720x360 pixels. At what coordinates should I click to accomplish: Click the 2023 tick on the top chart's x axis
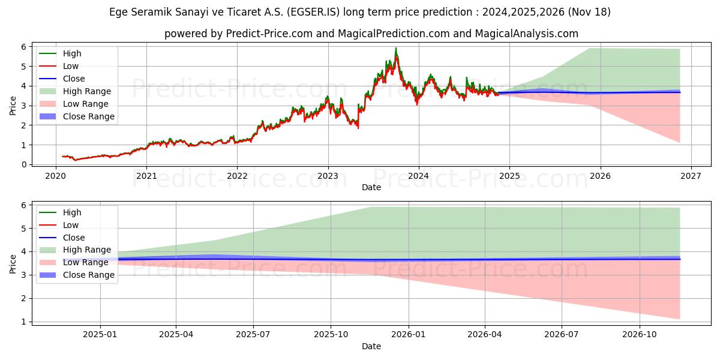click(328, 176)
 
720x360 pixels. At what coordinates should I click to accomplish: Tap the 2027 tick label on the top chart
click(691, 176)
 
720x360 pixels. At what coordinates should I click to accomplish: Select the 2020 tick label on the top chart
click(56, 176)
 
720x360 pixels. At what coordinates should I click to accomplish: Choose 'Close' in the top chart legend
click(74, 79)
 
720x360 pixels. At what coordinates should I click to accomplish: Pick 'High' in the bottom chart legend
click(72, 212)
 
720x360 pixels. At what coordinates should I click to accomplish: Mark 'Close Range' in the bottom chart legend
click(88, 275)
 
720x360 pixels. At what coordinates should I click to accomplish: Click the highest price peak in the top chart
click(395, 48)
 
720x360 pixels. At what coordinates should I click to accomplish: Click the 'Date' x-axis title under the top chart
click(371, 187)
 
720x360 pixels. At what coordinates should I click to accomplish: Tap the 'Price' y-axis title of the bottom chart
click(13, 264)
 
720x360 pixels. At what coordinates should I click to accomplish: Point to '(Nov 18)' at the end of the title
click(590, 12)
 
